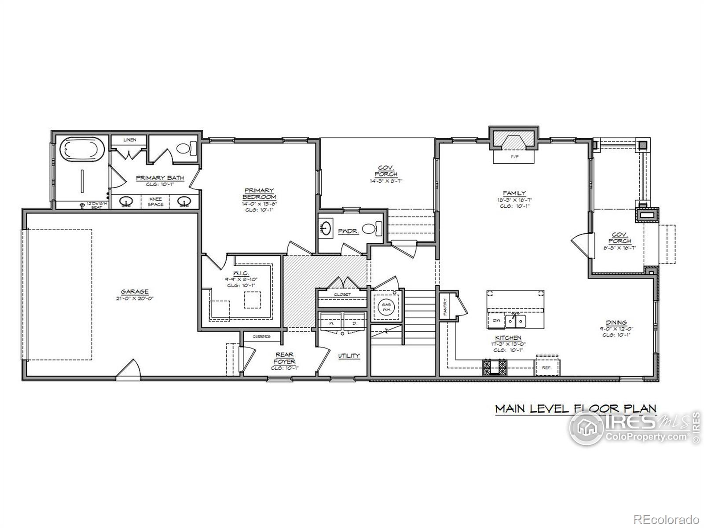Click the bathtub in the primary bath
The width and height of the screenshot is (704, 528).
[82, 149]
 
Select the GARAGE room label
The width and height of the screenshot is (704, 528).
[135, 292]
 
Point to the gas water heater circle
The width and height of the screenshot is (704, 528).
[386, 306]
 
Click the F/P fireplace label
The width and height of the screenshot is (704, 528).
[513, 157]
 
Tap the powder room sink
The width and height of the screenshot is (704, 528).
[326, 228]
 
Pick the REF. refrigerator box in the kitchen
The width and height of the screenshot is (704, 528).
[547, 367]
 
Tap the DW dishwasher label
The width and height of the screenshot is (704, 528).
[496, 320]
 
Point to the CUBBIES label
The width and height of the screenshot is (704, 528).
[261, 337]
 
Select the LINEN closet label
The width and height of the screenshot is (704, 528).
[129, 140]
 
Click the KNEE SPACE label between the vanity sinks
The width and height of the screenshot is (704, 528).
[155, 202]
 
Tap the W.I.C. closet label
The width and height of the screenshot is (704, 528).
[242, 273]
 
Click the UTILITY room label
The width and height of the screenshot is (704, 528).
[349, 356]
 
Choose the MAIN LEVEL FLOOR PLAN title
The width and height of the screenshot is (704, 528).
[576, 408]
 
